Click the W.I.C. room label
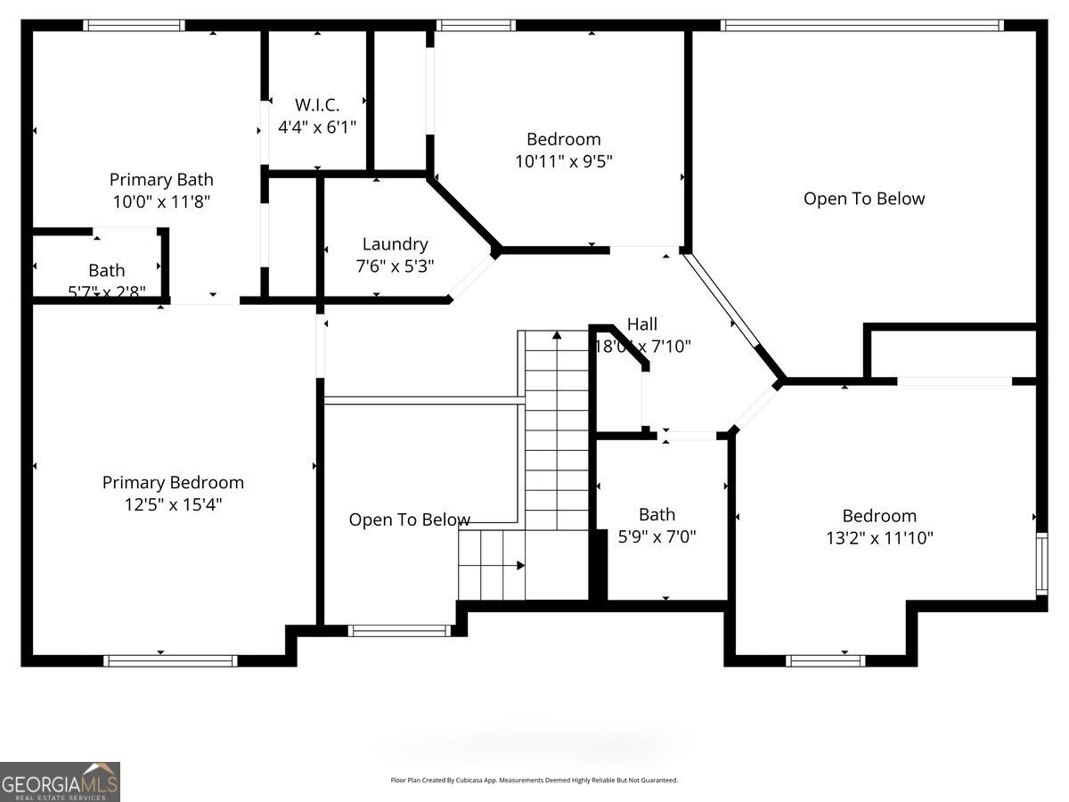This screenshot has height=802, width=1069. (317, 104)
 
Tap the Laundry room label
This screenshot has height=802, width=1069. (395, 243)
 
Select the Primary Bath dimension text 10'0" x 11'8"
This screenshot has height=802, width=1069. (161, 202)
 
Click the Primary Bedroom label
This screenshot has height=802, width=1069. (173, 482)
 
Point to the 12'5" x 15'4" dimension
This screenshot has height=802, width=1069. (173, 504)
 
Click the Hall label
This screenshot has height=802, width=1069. (642, 324)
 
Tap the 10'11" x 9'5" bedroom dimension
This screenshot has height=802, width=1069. (563, 161)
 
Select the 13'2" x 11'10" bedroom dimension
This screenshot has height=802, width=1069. (879, 537)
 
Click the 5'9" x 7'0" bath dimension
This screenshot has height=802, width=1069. (657, 536)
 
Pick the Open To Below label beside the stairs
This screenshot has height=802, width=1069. (409, 520)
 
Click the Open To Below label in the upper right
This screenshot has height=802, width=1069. (864, 199)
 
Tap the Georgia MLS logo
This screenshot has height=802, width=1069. (60, 782)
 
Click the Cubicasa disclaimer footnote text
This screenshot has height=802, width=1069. (534, 781)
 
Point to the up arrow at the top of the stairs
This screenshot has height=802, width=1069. (557, 336)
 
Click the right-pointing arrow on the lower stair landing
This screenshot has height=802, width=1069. (519, 565)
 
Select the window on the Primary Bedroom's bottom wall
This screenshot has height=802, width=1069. (170, 660)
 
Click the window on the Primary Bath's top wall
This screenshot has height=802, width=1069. (135, 25)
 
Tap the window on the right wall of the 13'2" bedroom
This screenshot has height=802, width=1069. (1040, 564)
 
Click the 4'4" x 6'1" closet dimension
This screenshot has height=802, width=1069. (317, 127)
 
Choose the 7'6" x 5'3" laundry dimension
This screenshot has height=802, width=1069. (395, 266)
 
